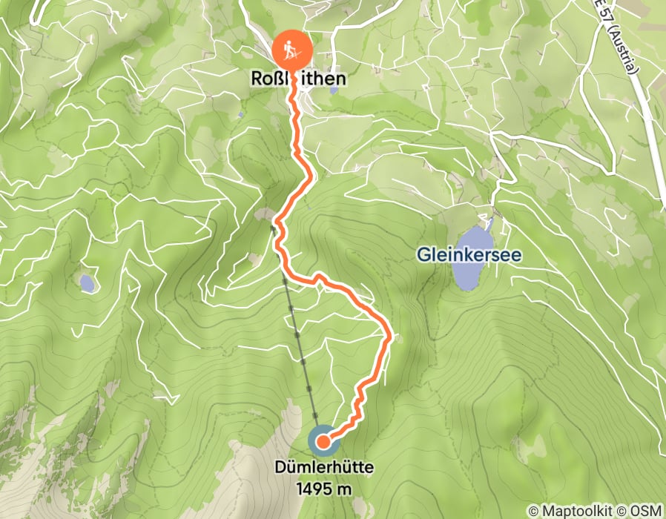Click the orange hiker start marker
[x=291, y=49]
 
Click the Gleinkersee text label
[x=468, y=255]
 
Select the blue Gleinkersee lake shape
[x=473, y=259]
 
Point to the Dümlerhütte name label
[x=323, y=468]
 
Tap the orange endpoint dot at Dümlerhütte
[x=323, y=443]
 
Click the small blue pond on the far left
[x=88, y=282]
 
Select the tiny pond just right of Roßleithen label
[x=333, y=90]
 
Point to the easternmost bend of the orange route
[x=390, y=337]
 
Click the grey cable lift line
[x=297, y=334]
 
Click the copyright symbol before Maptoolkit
[x=533, y=511]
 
